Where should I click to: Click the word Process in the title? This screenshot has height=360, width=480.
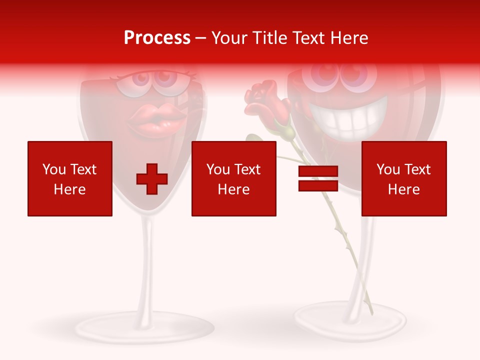click(157, 38)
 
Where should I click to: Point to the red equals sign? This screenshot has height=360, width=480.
click(318, 179)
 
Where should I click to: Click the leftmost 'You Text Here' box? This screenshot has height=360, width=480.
click(70, 178)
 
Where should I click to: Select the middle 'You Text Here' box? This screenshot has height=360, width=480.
click(233, 178)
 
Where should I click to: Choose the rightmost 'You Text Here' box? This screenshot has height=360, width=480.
click(403, 178)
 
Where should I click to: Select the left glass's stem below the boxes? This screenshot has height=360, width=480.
click(146, 260)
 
